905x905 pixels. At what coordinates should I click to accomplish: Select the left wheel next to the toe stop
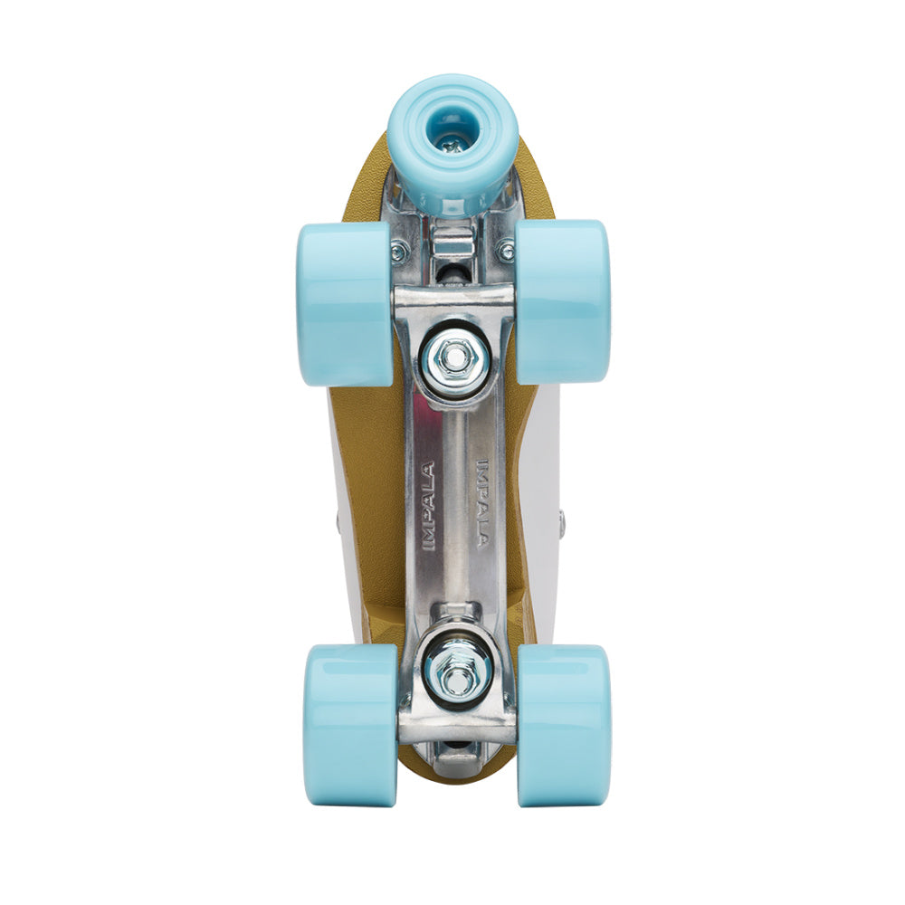pos(344,303)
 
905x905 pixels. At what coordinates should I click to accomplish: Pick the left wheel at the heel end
pos(348,724)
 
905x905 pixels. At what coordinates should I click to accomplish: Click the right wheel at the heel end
pos(563,724)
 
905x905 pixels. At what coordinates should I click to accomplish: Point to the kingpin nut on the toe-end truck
pos(452,358)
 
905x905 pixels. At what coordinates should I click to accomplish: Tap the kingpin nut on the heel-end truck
pos(457,670)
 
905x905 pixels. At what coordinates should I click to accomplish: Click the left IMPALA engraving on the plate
pos(428,507)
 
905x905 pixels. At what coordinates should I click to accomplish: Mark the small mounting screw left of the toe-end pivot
pos(397,252)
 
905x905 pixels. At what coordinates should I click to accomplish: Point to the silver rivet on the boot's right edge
pos(561,522)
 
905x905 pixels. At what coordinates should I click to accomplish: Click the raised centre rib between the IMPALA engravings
pos(456,507)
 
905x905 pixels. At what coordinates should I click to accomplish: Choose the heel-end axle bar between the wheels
pos(457,724)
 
